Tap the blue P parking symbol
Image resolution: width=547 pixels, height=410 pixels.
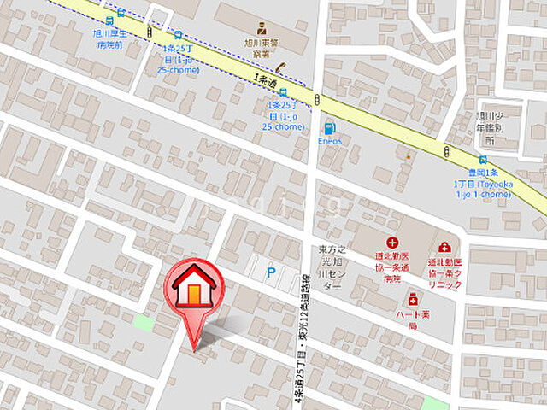point(272,273)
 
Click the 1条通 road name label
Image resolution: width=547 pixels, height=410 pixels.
point(265,80)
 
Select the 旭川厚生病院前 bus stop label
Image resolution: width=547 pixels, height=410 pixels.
point(111,38)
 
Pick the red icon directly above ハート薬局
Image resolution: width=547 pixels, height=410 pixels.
point(413,299)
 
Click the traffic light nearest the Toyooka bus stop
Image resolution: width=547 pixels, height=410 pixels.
point(446,151)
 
